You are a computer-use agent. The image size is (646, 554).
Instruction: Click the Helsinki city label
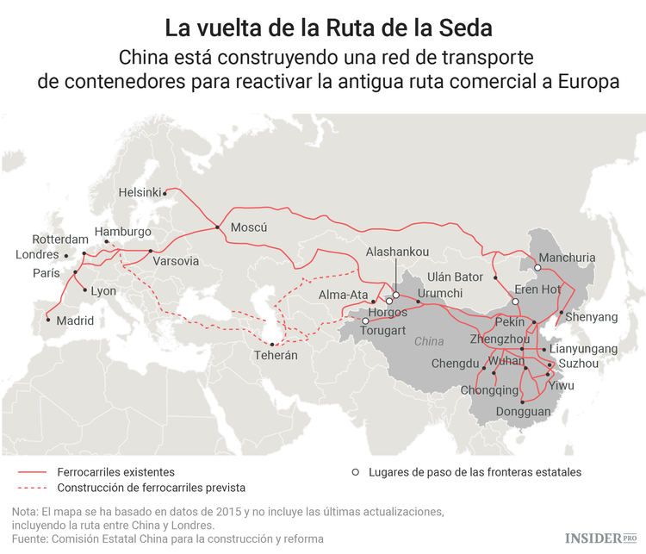(140, 192)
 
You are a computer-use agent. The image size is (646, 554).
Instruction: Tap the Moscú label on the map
(250, 228)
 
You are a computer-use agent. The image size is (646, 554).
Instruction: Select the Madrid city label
(75, 321)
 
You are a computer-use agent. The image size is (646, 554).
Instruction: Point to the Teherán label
(276, 355)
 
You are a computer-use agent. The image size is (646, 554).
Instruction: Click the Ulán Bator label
(456, 277)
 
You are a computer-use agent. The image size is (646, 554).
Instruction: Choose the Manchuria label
(567, 258)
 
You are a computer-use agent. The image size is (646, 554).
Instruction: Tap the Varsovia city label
(175, 261)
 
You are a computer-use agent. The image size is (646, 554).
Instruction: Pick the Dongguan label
(524, 412)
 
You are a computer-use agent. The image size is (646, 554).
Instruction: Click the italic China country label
(429, 341)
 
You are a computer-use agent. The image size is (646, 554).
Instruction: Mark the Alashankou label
(397, 252)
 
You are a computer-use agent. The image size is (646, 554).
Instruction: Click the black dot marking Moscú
(218, 227)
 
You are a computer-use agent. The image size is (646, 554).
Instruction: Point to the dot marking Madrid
(47, 318)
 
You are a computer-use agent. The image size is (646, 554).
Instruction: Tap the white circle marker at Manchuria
(537, 268)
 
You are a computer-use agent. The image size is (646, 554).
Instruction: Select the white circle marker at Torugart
(365, 321)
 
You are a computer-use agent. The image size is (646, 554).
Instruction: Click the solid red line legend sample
(31, 472)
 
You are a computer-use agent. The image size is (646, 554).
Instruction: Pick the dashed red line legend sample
(31, 488)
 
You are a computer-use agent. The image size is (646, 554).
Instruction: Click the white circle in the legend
(355, 472)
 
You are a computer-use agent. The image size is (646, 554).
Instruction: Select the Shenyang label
(590, 317)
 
